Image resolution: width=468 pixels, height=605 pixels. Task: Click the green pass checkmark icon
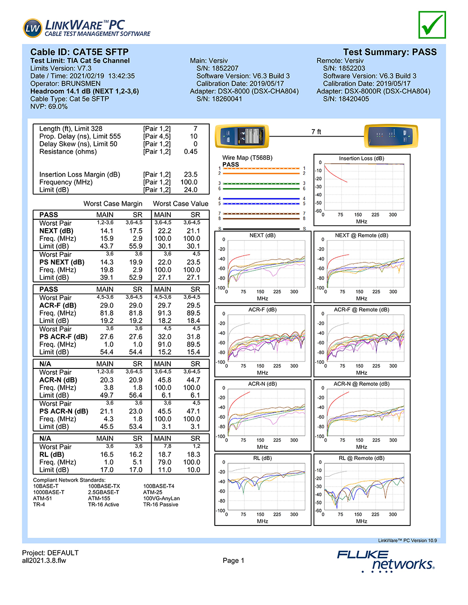[x=432, y=25]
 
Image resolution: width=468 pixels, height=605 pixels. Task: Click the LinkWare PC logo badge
[x=33, y=28]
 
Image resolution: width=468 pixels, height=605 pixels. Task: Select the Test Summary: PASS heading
[x=389, y=52]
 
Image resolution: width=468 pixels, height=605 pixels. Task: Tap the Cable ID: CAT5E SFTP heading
[x=80, y=52]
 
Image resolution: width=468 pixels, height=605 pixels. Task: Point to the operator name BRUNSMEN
[x=81, y=84]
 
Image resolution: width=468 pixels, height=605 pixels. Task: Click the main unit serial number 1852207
[x=225, y=68]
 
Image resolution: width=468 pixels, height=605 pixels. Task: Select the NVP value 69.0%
[x=58, y=107]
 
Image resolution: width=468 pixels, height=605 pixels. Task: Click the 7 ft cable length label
[x=316, y=132]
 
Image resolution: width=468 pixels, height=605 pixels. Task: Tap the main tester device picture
[x=242, y=137]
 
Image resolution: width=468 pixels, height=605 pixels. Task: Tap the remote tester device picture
[x=391, y=137]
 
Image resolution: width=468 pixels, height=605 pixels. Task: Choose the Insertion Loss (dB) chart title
[x=361, y=158]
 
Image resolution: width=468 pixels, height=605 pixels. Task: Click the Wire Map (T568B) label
[x=247, y=158]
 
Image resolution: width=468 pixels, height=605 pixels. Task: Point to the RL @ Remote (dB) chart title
[x=361, y=458]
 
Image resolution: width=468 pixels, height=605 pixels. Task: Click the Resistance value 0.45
[x=190, y=151]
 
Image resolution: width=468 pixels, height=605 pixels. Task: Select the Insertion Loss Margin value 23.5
[x=190, y=174]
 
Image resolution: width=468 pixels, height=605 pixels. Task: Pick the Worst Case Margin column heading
[x=113, y=204]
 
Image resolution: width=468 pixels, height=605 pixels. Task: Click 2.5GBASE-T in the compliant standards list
[x=103, y=492]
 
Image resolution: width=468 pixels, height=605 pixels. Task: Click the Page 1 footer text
[x=233, y=561]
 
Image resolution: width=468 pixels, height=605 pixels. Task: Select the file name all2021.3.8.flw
[x=44, y=561]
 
